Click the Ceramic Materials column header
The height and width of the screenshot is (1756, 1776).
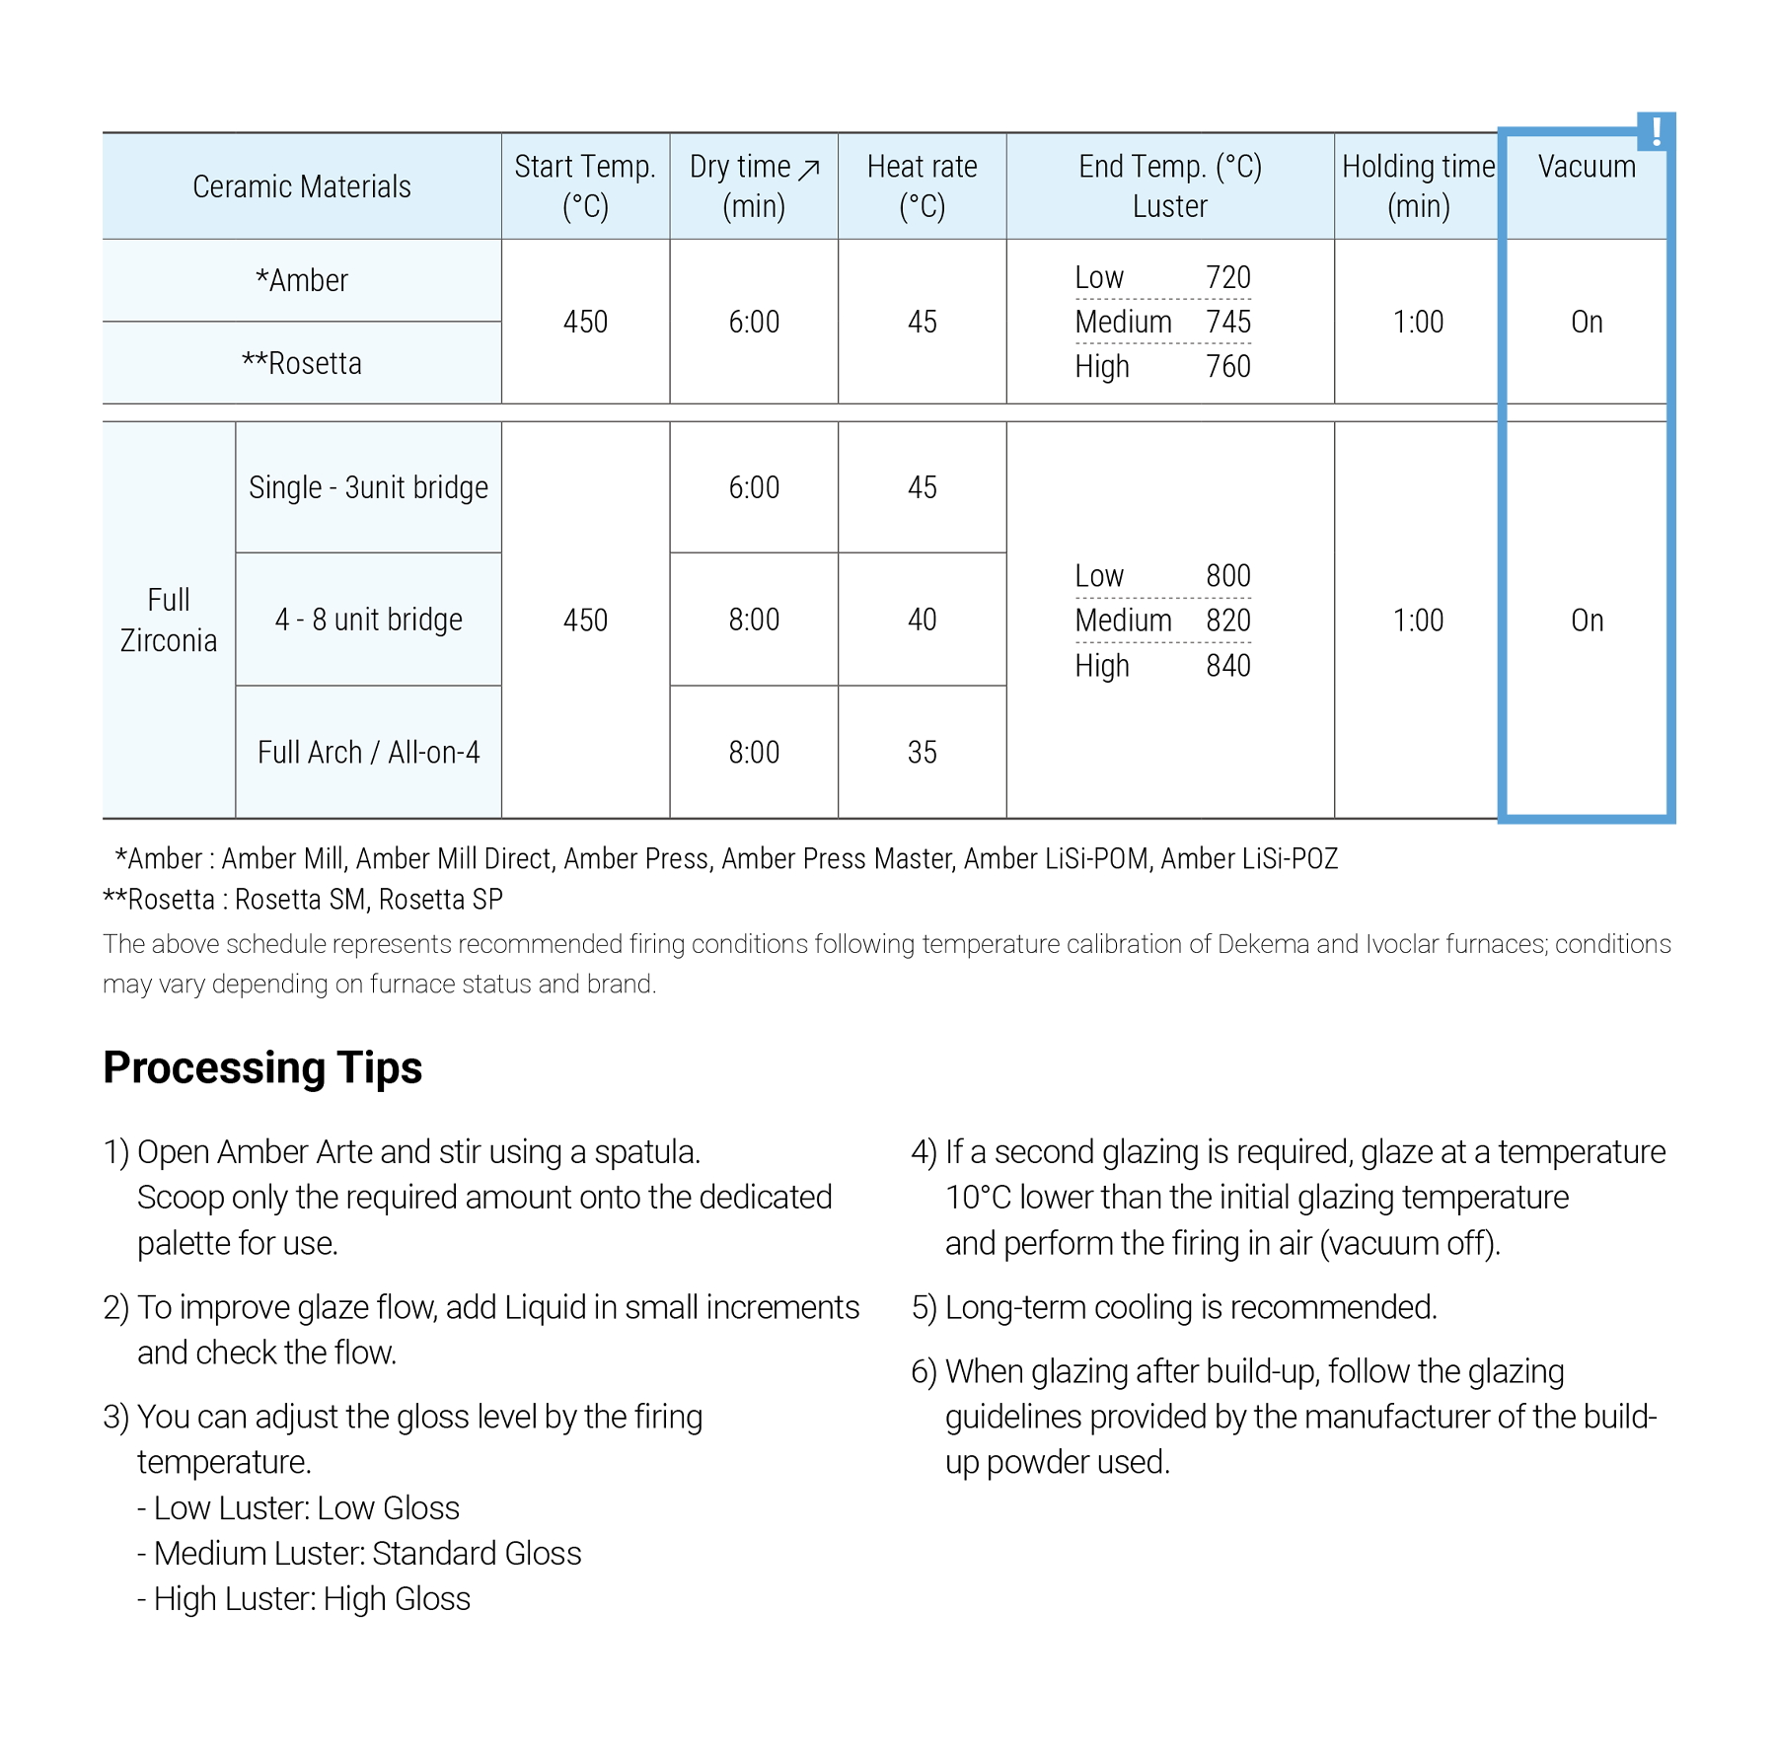301,186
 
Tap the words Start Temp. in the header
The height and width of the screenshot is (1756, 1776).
584,167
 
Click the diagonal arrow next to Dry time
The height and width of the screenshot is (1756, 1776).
809,169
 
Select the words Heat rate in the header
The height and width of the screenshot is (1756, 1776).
922,167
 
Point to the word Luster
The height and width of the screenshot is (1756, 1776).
1169,207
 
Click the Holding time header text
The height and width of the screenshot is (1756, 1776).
1418,167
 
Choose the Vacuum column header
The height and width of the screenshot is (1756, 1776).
1586,167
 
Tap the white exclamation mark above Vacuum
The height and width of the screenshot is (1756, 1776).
1657,132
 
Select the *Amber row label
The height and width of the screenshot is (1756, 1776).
301,281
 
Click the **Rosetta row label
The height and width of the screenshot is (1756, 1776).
301,364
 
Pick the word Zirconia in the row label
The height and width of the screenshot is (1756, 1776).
169,641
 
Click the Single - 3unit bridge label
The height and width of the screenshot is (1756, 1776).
368,488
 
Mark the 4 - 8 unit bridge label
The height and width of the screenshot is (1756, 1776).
368,620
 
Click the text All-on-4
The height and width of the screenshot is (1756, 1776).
433,753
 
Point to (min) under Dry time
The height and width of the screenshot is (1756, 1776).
754,207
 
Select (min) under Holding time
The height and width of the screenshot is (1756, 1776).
1418,207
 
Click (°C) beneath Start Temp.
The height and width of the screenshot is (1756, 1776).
585,207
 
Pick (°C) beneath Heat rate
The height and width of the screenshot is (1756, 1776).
922,207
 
